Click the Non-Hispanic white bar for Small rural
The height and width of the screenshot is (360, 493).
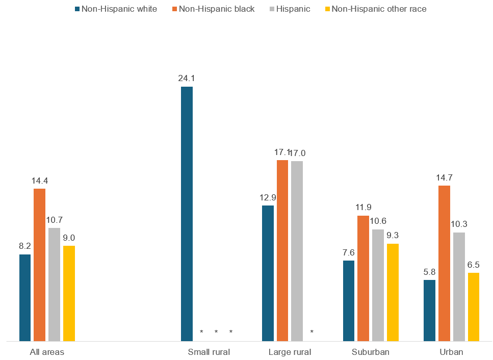tap(187, 214)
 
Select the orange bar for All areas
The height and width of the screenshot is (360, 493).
tap(40, 265)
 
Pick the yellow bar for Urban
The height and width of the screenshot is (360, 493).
tap(474, 306)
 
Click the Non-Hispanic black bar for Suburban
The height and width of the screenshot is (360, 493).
tap(363, 278)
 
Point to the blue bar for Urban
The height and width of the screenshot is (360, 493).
tap(429, 310)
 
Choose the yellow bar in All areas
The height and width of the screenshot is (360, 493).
tap(69, 293)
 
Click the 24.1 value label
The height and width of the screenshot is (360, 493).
tap(187, 79)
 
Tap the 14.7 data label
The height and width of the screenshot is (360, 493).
tap(444, 177)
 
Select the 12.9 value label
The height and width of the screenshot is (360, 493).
tap(268, 197)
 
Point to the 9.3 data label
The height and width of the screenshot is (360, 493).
tap(393, 236)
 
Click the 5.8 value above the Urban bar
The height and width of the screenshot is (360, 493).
tap(429, 272)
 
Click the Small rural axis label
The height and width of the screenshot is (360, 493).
tap(209, 352)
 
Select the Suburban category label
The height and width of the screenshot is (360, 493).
tap(371, 352)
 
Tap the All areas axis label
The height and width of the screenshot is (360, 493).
tap(47, 352)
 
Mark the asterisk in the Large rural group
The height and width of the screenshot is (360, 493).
tap(312, 332)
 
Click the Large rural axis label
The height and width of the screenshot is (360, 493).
tap(290, 352)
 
